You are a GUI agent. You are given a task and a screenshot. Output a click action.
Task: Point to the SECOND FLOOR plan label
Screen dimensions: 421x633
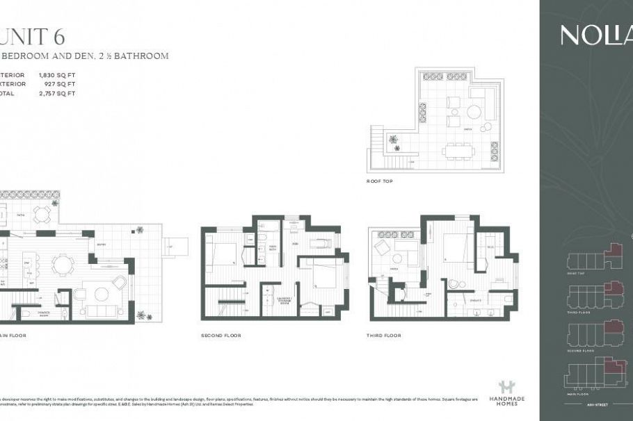point(221,336)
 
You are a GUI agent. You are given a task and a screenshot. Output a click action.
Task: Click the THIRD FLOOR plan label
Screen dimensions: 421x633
point(385,336)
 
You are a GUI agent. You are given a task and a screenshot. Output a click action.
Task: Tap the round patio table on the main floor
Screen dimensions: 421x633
point(41,214)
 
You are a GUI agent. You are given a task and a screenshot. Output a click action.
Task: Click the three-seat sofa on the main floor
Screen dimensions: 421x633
point(102,294)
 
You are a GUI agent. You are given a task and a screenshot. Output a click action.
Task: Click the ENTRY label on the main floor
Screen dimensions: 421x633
point(102,245)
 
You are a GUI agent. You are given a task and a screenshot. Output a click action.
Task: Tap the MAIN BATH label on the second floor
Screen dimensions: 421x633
point(273,248)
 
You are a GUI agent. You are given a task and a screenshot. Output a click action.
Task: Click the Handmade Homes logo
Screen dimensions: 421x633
point(511,392)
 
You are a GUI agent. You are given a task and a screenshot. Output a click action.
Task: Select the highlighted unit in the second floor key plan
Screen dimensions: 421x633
point(613,327)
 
